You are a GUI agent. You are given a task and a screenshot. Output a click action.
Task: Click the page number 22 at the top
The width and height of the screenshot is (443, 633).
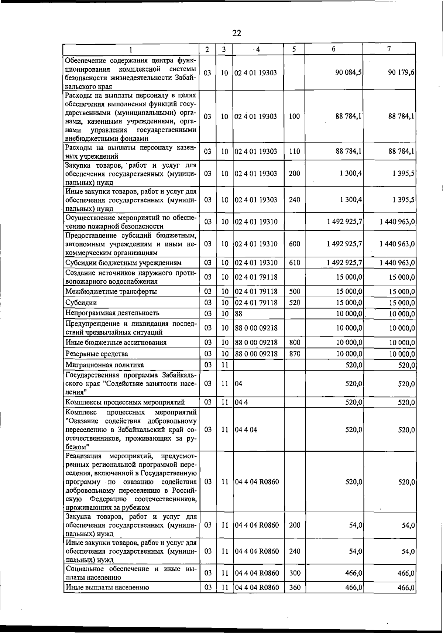coord(237,33)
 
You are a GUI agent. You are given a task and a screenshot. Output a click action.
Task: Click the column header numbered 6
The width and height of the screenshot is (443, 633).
coord(333,49)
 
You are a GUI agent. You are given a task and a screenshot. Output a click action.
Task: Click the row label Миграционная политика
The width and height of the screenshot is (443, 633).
coord(104,365)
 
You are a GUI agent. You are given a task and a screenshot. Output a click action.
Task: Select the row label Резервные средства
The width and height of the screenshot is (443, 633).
coord(97,354)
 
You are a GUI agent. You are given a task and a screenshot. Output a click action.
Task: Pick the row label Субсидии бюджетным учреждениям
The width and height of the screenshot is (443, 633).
coord(123,263)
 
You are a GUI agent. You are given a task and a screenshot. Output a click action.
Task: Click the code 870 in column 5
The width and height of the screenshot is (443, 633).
coord(294,353)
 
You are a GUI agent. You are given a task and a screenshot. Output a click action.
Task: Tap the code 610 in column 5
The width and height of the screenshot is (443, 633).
coord(294,263)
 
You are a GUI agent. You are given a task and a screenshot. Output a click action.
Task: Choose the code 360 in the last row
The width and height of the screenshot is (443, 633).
coord(295,588)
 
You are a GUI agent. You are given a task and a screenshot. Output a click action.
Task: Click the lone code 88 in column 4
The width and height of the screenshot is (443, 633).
coord(238,314)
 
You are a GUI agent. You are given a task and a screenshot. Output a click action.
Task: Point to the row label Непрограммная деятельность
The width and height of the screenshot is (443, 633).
coord(112,313)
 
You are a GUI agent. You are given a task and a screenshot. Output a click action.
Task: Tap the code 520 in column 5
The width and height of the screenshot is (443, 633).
coord(294,302)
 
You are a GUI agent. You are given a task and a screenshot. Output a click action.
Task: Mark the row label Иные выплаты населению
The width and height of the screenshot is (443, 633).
coord(107,588)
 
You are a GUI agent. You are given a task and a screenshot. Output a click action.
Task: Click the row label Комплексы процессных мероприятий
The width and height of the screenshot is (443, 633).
coord(125,402)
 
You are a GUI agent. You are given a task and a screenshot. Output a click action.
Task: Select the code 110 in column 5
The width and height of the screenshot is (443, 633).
coord(294,151)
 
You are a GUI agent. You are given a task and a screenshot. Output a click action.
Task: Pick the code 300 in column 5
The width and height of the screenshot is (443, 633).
coord(295,573)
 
